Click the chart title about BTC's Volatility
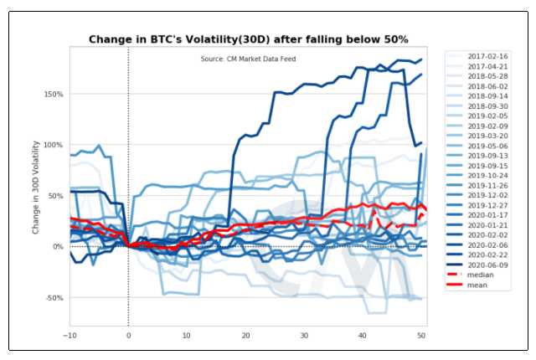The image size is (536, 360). (248, 39)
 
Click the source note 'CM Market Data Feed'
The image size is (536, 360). (248, 59)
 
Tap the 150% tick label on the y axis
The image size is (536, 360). (54, 94)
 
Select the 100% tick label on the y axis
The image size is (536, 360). (54, 145)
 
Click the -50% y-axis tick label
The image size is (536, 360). (54, 298)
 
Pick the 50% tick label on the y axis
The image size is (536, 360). (55, 196)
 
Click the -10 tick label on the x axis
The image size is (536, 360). (70, 335)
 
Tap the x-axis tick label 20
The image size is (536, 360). (245, 335)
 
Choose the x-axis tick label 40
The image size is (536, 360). (363, 335)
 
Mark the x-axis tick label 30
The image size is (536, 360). (304, 335)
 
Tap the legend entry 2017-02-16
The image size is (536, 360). (485, 54)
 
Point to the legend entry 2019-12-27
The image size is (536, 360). (485, 204)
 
